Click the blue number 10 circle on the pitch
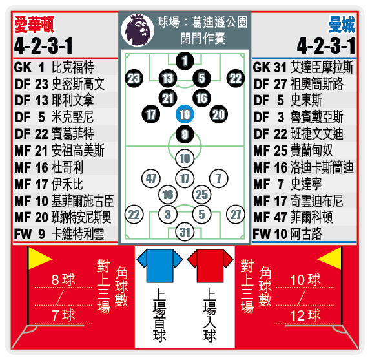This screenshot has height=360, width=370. (185, 114)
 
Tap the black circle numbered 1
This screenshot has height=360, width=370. (185, 61)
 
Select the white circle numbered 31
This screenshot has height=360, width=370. (185, 232)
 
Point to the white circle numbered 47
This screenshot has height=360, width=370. (151, 178)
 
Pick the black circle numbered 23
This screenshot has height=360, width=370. (134, 78)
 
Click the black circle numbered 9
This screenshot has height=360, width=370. (185, 134)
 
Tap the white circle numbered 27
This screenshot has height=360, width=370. (236, 215)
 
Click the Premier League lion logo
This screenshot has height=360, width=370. (138, 30)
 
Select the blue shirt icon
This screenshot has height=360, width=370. (159, 266)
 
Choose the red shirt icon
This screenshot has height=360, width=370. (211, 266)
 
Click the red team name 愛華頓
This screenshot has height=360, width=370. (34, 25)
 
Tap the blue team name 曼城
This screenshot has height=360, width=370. (342, 25)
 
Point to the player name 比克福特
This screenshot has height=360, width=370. (73, 67)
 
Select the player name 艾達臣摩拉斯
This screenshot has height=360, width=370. (322, 67)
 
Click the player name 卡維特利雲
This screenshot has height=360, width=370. (78, 234)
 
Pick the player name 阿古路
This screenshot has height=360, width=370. (306, 234)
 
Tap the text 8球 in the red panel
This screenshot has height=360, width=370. (63, 279)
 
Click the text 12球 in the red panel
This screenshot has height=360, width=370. (305, 315)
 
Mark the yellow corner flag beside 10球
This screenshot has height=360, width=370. (330, 259)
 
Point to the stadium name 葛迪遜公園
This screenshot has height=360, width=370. (220, 22)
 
